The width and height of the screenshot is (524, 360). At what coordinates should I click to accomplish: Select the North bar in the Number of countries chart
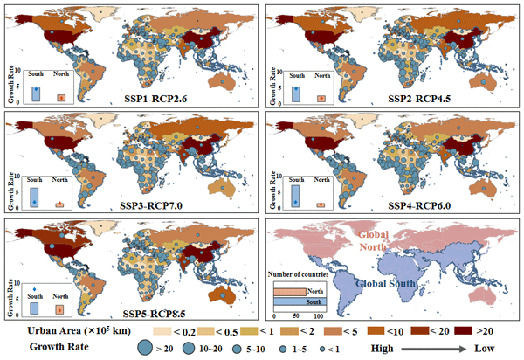coord(291,292)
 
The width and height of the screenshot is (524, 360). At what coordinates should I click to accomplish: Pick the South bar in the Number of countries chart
coord(296,301)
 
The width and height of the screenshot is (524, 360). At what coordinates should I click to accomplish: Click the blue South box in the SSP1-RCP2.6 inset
coord(36,93)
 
